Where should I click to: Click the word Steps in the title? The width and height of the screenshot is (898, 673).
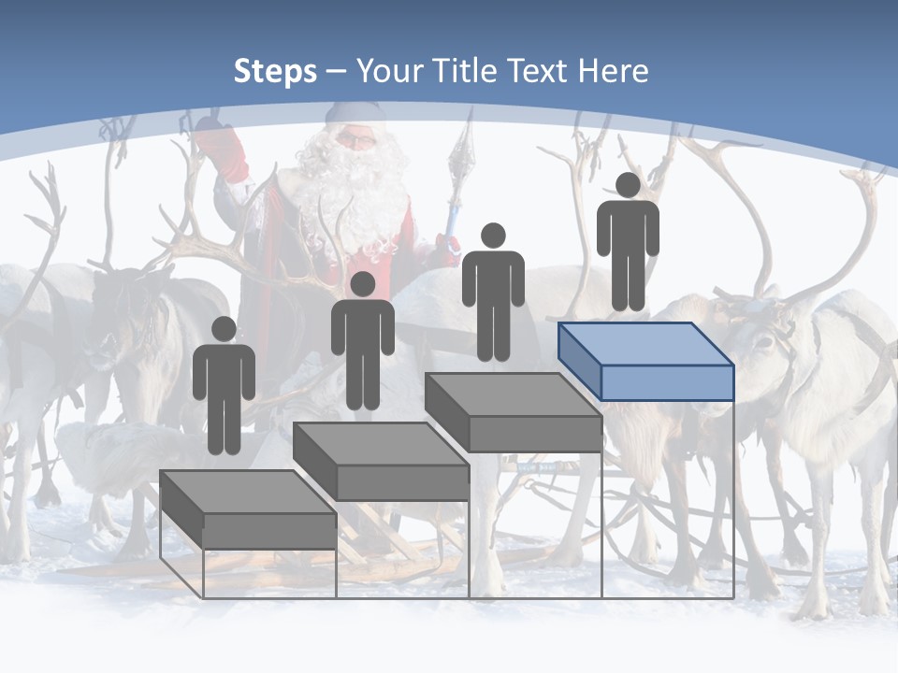(x=275, y=71)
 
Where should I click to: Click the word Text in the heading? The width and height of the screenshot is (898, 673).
(x=538, y=71)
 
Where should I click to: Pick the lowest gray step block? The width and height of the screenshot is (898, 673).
(x=248, y=509)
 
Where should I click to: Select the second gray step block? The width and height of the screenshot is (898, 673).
(x=382, y=462)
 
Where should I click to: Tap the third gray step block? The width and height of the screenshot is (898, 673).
(x=514, y=412)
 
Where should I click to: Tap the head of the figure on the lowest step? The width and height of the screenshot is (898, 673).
(x=224, y=329)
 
